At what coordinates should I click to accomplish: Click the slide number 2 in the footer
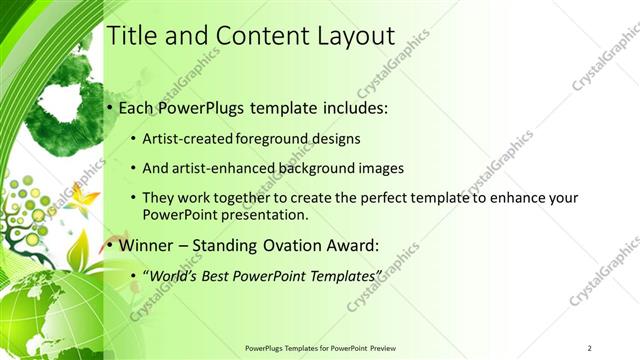[590, 348]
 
